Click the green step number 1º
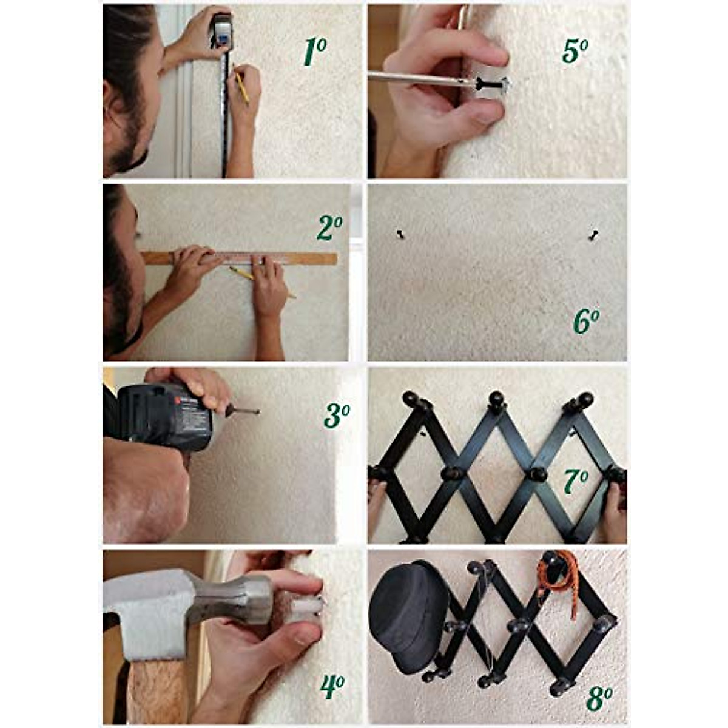315,52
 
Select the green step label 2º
329,229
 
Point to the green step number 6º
586,321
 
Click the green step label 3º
337,416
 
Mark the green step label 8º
599,698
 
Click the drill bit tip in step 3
257,412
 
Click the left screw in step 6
400,234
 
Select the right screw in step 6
593,235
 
